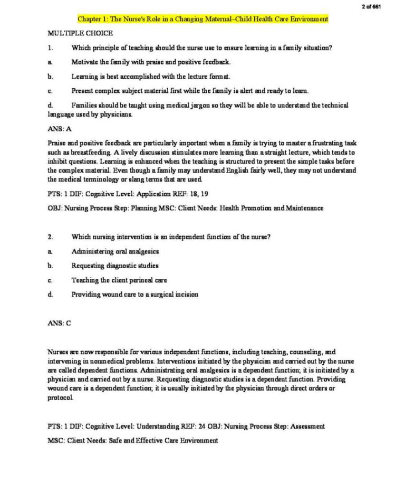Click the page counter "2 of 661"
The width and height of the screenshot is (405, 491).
click(x=371, y=6)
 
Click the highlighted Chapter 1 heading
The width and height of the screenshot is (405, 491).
click(x=203, y=19)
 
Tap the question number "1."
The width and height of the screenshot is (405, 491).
click(x=50, y=48)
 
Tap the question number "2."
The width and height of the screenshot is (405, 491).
click(x=50, y=237)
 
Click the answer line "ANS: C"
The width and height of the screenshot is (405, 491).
click(x=59, y=324)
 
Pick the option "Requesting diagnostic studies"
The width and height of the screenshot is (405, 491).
click(x=115, y=266)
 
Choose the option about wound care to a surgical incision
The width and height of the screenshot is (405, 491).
click(x=135, y=294)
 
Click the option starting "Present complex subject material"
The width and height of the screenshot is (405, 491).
click(x=190, y=91)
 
